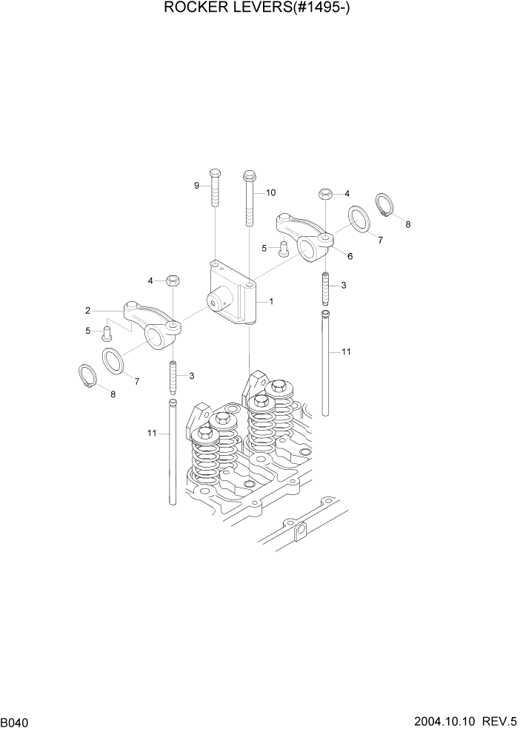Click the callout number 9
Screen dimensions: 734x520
(198, 186)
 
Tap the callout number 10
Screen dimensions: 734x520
(270, 192)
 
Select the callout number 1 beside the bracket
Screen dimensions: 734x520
(271, 301)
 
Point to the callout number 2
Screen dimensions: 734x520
(87, 310)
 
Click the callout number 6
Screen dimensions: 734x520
(350, 256)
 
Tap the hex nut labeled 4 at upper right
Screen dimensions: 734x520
(326, 194)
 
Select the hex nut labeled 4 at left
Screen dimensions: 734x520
(173, 280)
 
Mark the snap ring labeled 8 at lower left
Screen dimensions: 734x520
(88, 375)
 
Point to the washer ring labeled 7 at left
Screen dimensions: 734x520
(113, 360)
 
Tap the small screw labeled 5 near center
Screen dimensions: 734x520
(283, 250)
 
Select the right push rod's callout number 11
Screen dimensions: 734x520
(345, 352)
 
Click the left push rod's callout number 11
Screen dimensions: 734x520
(152, 433)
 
